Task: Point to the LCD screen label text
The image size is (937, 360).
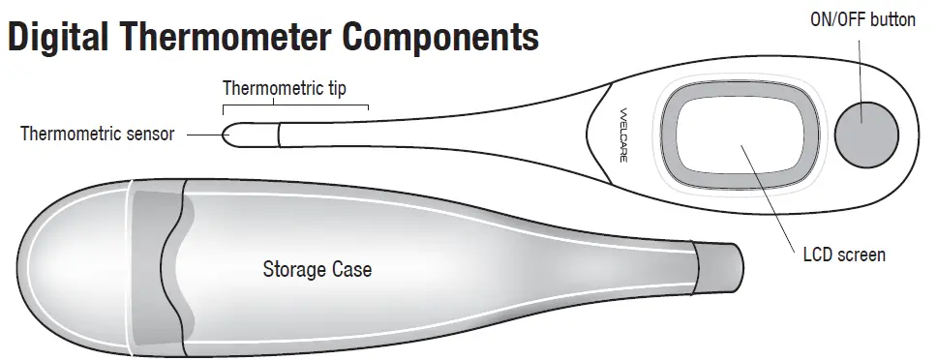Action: tap(844, 255)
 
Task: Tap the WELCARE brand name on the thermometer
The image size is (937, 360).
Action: tap(622, 135)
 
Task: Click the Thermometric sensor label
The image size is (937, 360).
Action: tap(97, 134)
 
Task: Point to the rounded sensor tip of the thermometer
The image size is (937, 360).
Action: tap(232, 134)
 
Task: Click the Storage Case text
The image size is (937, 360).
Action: tap(317, 269)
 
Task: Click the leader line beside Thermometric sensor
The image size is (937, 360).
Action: tap(202, 134)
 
